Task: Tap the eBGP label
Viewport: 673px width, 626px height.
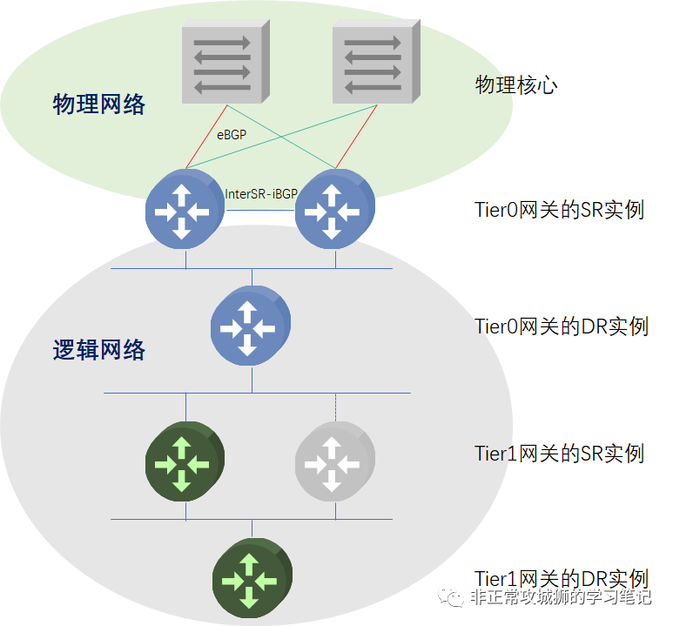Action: click(x=232, y=135)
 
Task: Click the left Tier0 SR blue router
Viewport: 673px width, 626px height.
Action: click(x=184, y=208)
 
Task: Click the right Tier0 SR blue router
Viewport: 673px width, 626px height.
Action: click(x=334, y=208)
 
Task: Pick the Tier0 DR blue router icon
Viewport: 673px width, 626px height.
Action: click(x=250, y=326)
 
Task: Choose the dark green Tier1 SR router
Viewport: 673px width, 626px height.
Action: click(x=184, y=461)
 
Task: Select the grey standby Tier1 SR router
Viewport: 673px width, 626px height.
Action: click(x=334, y=461)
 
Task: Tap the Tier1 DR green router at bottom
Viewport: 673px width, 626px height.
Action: click(x=251, y=578)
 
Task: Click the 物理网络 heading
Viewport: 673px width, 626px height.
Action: click(x=99, y=105)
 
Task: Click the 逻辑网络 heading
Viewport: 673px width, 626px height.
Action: click(x=99, y=351)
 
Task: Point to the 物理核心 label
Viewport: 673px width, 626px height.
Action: click(x=516, y=84)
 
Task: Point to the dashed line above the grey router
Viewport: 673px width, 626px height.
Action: click(x=335, y=407)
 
